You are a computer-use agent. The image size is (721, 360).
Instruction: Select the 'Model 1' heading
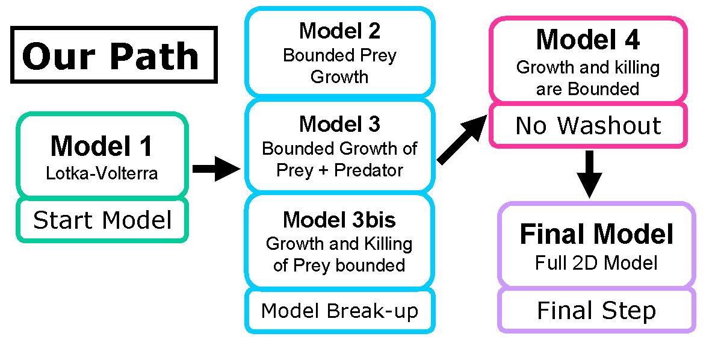click(102, 146)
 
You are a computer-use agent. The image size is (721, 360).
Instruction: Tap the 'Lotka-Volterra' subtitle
click(102, 174)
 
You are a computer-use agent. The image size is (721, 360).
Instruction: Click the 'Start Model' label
click(102, 220)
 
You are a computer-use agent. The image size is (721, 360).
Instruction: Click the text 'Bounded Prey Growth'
click(339, 66)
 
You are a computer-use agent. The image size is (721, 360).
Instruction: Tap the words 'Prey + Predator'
click(339, 170)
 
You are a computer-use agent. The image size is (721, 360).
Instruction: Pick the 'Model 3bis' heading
click(339, 220)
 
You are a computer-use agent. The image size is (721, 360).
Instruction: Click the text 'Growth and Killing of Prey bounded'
click(339, 254)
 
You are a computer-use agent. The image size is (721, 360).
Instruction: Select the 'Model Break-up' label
click(339, 311)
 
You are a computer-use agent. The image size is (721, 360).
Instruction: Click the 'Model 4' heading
click(587, 40)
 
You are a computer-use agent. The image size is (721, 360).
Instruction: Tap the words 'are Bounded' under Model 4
click(587, 88)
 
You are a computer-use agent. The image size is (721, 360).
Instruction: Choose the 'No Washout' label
click(588, 126)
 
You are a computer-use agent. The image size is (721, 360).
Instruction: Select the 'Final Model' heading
click(596, 234)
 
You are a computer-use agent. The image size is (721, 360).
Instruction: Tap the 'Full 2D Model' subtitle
click(596, 263)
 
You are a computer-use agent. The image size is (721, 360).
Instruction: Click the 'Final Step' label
click(596, 311)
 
